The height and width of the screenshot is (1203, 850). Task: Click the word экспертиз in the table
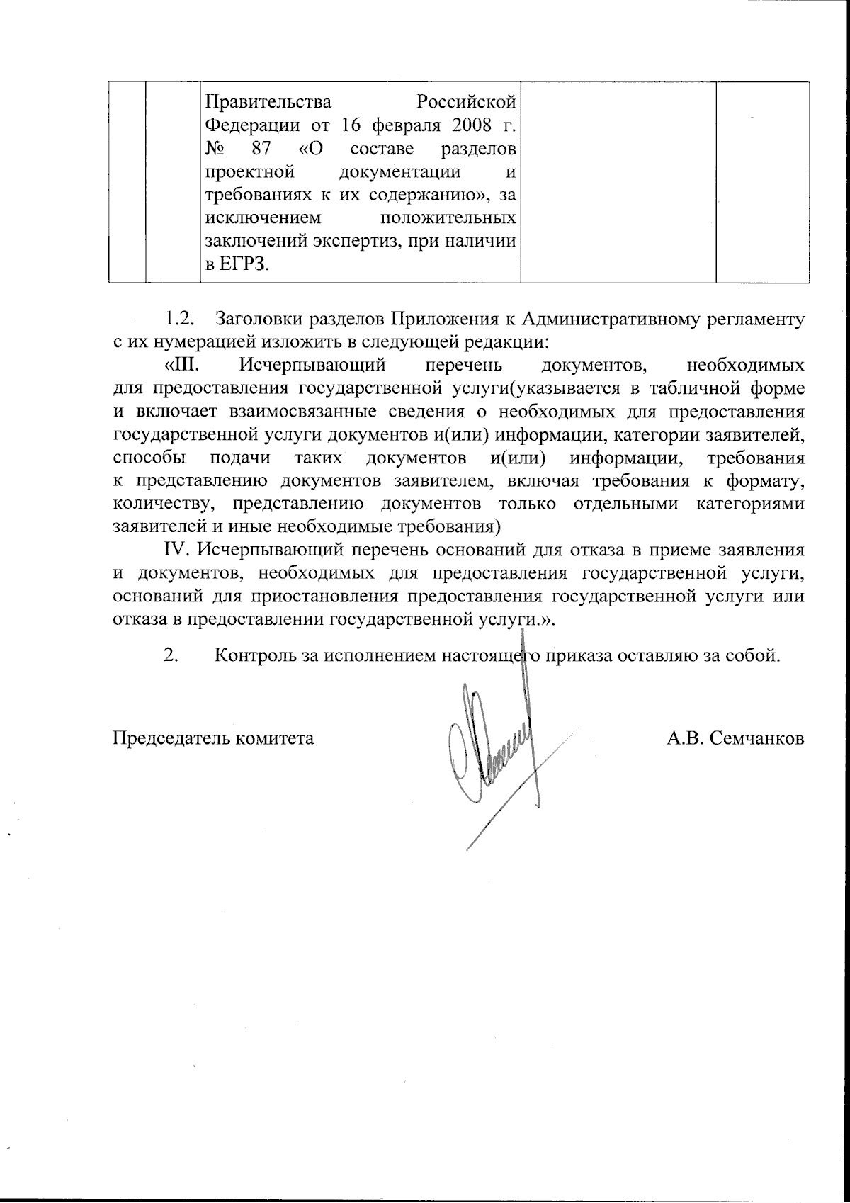pyautogui.click(x=339, y=242)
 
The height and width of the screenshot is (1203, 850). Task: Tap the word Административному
pyautogui.click(x=589, y=319)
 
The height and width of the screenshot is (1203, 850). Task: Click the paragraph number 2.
pyautogui.click(x=171, y=655)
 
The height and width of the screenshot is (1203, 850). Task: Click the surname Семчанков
pyautogui.click(x=758, y=739)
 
